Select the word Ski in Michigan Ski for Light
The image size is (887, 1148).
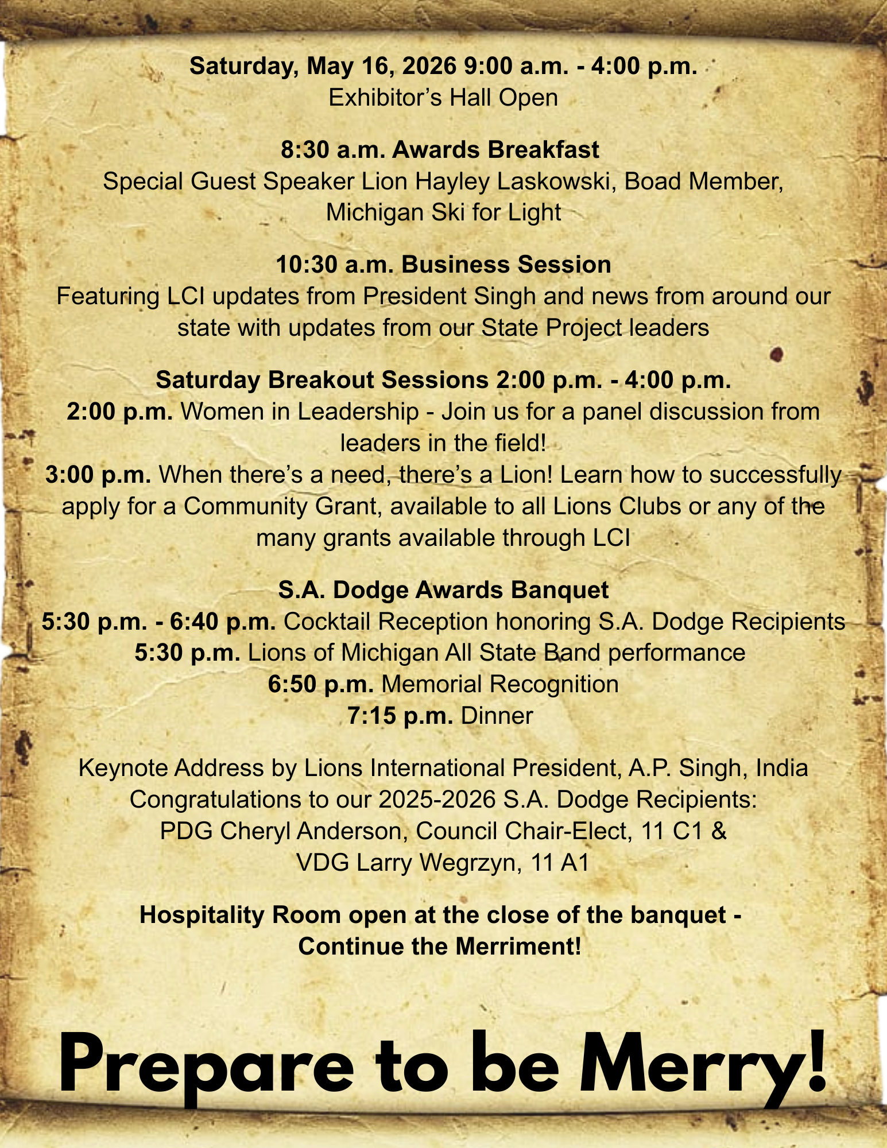(449, 213)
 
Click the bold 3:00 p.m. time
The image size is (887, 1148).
(98, 475)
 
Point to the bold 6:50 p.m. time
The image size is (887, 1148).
(321, 685)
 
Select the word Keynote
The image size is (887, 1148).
(122, 768)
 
